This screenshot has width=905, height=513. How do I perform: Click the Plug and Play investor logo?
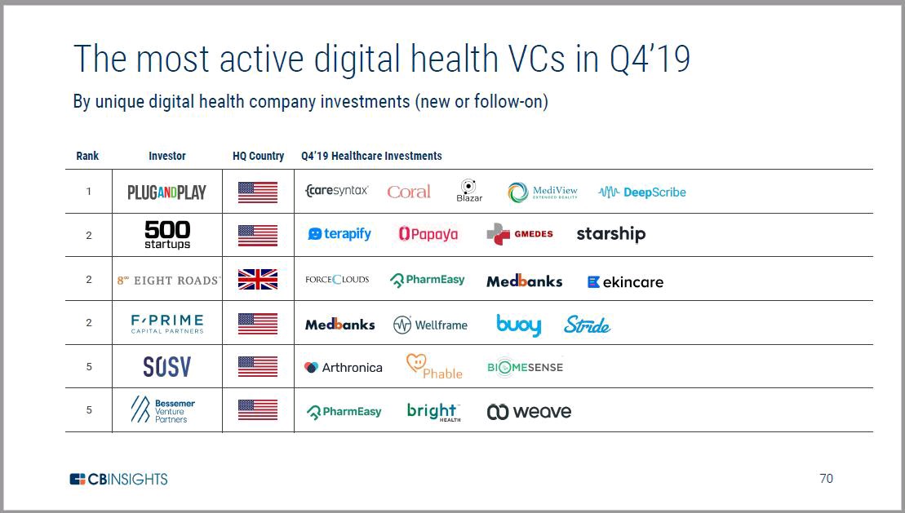(166, 192)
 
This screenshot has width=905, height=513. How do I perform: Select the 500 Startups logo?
(166, 235)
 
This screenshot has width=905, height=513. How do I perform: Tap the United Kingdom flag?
(257, 280)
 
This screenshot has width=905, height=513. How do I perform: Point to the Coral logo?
(409, 192)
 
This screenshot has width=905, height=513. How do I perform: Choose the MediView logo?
(543, 192)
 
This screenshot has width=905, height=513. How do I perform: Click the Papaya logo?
(428, 234)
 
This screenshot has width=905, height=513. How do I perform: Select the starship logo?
(610, 234)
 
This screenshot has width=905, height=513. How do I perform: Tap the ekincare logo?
(625, 282)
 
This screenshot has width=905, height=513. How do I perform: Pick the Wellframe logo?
(430, 325)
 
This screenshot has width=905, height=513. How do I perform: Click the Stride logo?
(587, 325)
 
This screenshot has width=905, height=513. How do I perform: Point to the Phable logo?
(434, 367)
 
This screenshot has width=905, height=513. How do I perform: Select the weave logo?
(529, 412)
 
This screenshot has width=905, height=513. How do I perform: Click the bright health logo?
(433, 412)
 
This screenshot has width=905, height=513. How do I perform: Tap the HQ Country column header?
(258, 156)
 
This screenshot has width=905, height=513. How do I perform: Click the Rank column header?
(87, 156)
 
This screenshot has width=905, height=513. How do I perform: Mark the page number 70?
(826, 479)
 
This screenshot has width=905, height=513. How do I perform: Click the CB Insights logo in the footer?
(118, 479)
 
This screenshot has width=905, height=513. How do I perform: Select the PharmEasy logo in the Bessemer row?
(344, 412)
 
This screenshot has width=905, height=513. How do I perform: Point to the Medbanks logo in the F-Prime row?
(339, 325)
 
